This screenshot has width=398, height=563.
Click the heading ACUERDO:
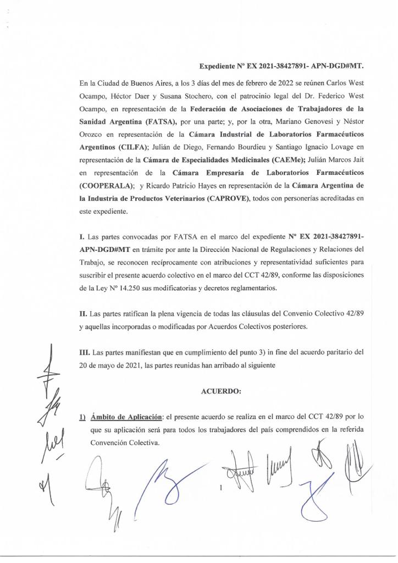[221, 391]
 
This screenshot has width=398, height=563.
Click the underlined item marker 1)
[84, 417]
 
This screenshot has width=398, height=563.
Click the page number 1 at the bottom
[220, 487]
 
